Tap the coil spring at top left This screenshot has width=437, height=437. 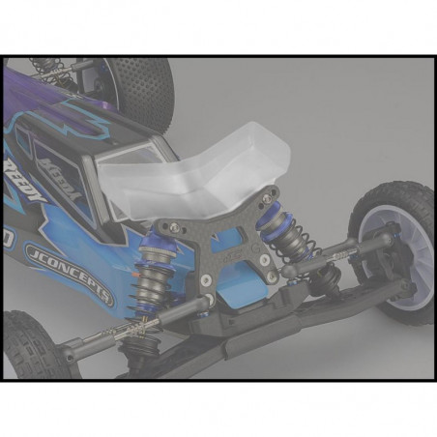[44, 68]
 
